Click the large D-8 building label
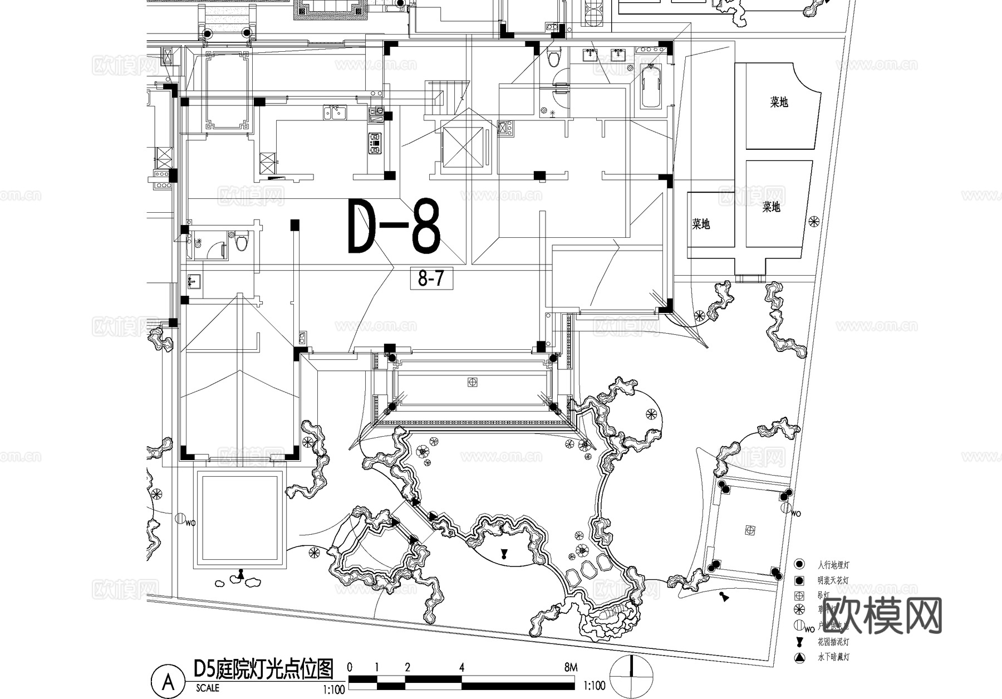(x=394, y=227)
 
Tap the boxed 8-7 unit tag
(x=430, y=278)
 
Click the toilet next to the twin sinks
(x=553, y=57)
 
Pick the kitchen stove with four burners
(x=375, y=143)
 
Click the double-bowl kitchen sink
(x=335, y=113)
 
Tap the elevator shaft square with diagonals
(x=463, y=146)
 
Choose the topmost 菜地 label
(x=779, y=102)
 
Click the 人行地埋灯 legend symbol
(x=799, y=564)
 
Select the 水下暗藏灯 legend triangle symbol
(x=799, y=657)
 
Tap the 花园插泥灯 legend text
(x=833, y=642)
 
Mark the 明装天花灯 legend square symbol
(x=799, y=580)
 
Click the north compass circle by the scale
(x=631, y=676)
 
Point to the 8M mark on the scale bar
(x=571, y=668)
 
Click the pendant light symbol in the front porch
(x=473, y=382)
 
